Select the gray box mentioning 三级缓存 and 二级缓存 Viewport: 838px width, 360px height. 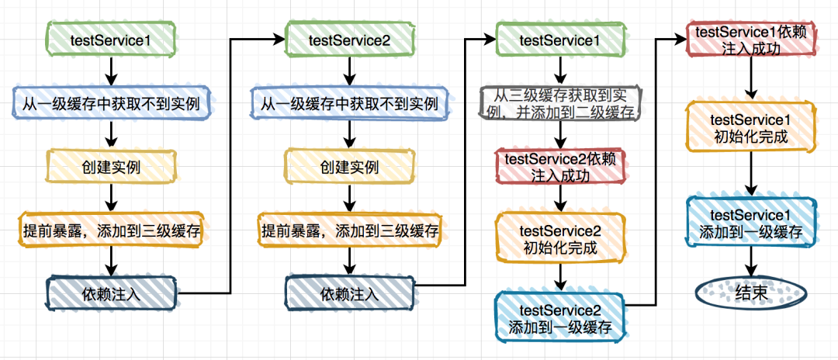[x=559, y=104]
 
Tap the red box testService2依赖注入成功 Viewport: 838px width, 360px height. [x=559, y=167]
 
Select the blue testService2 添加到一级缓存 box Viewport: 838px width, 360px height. [x=559, y=318]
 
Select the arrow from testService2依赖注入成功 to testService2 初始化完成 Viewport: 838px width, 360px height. [x=559, y=199]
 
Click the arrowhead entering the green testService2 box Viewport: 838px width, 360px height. [x=279, y=39]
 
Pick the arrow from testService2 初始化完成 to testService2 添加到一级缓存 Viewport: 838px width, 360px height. [x=559, y=277]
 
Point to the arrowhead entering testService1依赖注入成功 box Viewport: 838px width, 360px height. [x=683, y=39]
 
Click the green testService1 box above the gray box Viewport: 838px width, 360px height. [x=559, y=40]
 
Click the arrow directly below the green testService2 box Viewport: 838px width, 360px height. [x=349, y=71]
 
